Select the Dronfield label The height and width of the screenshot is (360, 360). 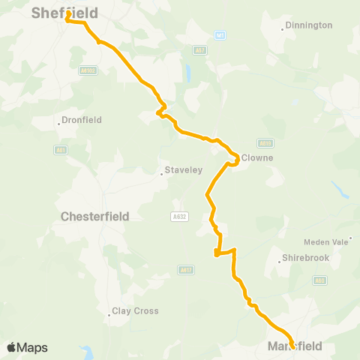click(x=82, y=119)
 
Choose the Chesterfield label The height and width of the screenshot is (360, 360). click(x=94, y=216)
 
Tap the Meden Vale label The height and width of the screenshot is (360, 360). click(x=327, y=242)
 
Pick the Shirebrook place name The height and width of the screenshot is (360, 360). click(x=303, y=259)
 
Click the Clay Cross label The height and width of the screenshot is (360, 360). click(x=135, y=310)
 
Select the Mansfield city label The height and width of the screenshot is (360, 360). click(x=295, y=346)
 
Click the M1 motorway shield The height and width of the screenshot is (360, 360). click(x=220, y=34)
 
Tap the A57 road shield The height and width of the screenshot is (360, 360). click(x=199, y=50)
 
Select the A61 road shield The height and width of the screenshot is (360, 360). click(x=59, y=150)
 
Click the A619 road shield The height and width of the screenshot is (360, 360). click(x=265, y=142)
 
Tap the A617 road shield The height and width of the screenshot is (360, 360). click(x=187, y=269)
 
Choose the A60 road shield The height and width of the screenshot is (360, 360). click(x=320, y=280)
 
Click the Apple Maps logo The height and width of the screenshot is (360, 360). click(x=27, y=347)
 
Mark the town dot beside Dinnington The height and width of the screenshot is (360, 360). click(x=283, y=29)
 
